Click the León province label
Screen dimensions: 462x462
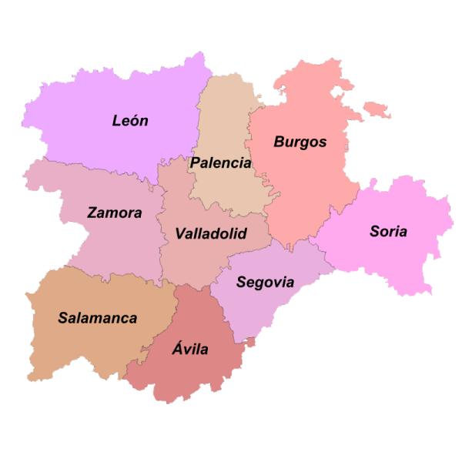130,121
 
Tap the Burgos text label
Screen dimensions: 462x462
300,142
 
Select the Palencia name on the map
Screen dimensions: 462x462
220,163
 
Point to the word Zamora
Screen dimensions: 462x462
114,213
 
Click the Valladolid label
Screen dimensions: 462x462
210,233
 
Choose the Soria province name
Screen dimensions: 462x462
388,231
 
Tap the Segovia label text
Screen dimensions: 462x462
265,282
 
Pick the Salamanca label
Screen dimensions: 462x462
98,317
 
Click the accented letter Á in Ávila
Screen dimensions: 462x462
174,349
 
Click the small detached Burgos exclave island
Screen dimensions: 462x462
377,109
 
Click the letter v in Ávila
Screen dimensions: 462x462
186,350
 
